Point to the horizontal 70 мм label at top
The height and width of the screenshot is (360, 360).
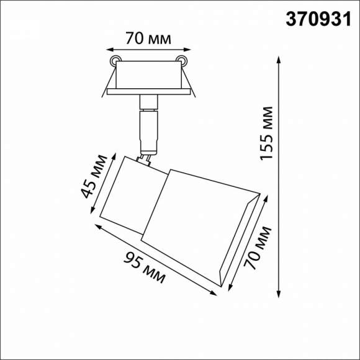(x=147, y=38)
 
